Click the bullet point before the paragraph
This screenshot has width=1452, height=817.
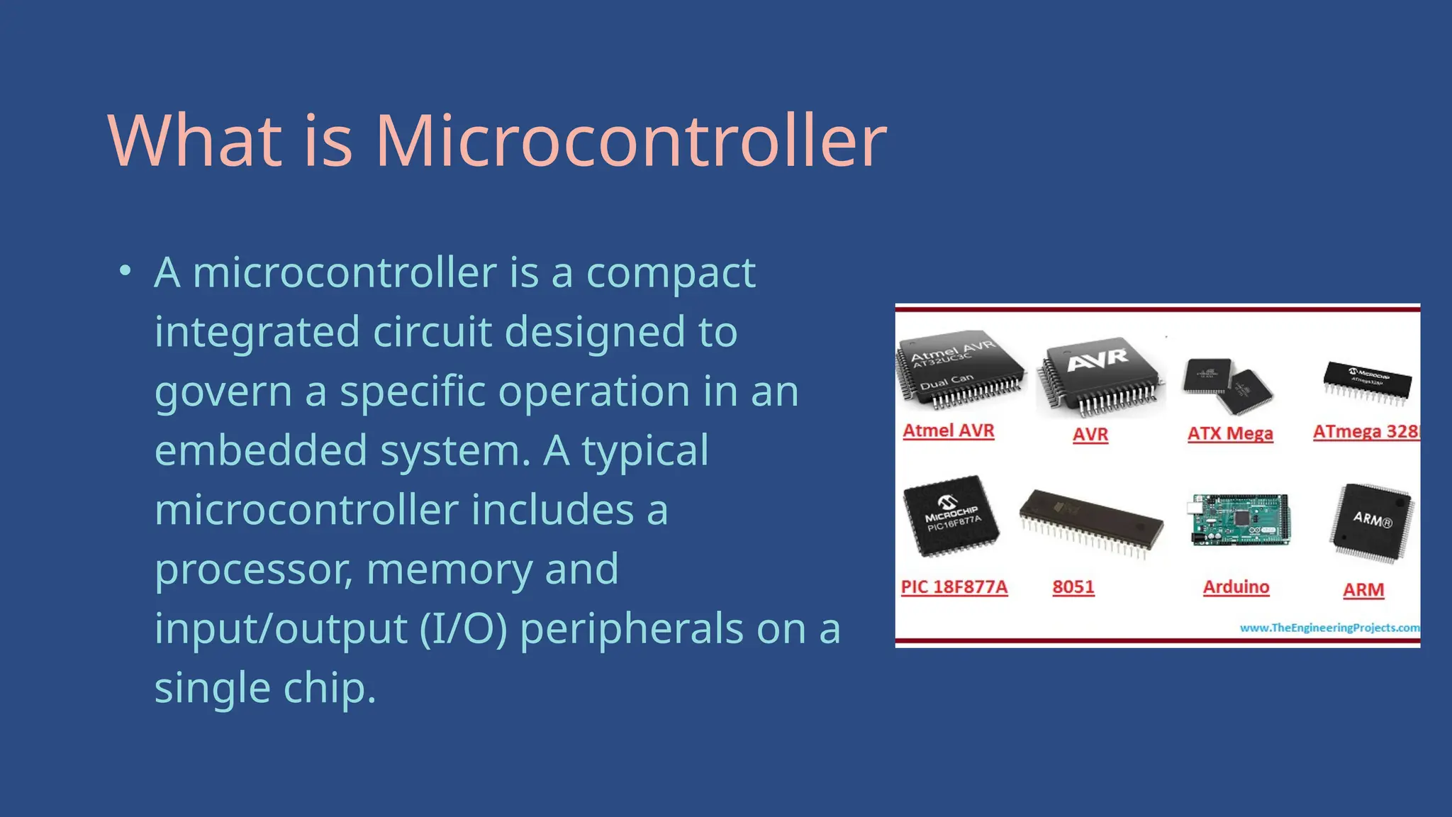click(125, 271)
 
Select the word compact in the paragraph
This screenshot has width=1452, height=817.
click(671, 273)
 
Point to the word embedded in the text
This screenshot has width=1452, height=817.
click(260, 451)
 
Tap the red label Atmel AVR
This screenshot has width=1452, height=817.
click(949, 430)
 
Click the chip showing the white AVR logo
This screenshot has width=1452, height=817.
click(1099, 376)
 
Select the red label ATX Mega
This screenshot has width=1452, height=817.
click(1230, 433)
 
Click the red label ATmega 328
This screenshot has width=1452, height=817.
click(1366, 431)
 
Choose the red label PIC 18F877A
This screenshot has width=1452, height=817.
click(954, 587)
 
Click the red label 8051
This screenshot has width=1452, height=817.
click(1073, 587)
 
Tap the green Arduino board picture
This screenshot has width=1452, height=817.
click(1238, 520)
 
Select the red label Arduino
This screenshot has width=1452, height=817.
click(1236, 587)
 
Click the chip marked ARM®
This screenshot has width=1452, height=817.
click(1372, 522)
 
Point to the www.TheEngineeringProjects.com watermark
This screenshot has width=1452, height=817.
click(1329, 628)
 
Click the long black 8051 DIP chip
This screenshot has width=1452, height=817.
click(1091, 523)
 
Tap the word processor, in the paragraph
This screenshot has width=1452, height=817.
click(254, 569)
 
